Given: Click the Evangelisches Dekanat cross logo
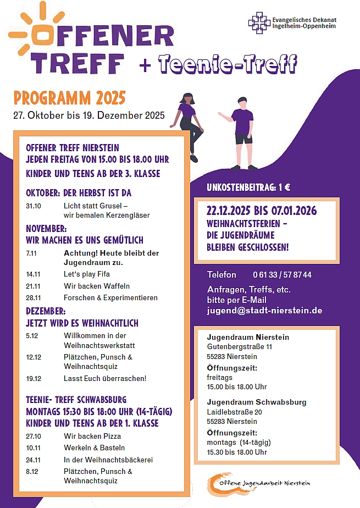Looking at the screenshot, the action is (x=259, y=23).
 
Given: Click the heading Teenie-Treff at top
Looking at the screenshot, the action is (x=228, y=65).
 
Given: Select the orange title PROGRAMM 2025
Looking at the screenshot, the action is (x=70, y=98).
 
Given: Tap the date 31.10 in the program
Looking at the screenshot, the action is (x=34, y=206).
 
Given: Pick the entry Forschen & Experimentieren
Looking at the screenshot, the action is (x=110, y=298).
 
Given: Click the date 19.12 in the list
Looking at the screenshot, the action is (x=34, y=379).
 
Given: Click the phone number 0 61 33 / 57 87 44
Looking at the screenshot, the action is (x=282, y=275).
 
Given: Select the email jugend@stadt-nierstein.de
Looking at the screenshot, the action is (x=264, y=311).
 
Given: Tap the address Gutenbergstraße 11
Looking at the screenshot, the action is (x=239, y=347).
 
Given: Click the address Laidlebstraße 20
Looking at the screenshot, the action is (x=234, y=412).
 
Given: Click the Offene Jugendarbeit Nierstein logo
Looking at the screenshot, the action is (x=258, y=483).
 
